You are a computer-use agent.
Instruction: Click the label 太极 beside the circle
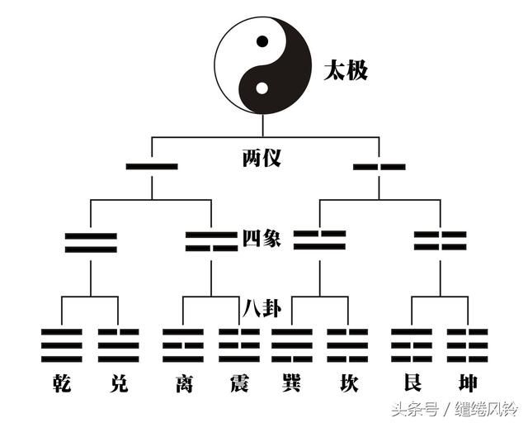click(x=346, y=70)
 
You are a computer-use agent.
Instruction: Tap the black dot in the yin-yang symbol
click(x=262, y=41)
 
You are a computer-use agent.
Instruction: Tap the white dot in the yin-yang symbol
click(x=262, y=88)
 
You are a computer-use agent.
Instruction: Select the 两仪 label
click(x=262, y=158)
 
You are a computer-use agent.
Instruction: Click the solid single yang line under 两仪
click(x=152, y=166)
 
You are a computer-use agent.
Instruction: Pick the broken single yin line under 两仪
click(x=379, y=167)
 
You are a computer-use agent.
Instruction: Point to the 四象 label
click(x=262, y=238)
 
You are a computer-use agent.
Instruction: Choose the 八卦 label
click(x=262, y=308)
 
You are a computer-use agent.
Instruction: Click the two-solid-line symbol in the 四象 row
click(x=91, y=243)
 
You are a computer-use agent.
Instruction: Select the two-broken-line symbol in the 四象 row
click(x=440, y=240)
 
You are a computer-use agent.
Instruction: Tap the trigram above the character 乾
click(x=62, y=345)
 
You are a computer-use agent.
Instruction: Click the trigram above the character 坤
click(x=468, y=345)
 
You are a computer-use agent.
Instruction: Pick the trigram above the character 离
click(x=183, y=345)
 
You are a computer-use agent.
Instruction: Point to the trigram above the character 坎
click(x=347, y=345)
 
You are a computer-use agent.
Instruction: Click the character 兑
click(x=119, y=383)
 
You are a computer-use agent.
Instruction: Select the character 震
click(x=239, y=383)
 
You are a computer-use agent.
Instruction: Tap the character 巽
click(x=291, y=383)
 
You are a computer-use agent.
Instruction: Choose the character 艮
click(x=412, y=383)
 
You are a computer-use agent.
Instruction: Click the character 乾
click(x=62, y=383)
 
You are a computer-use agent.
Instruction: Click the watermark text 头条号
click(x=415, y=410)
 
